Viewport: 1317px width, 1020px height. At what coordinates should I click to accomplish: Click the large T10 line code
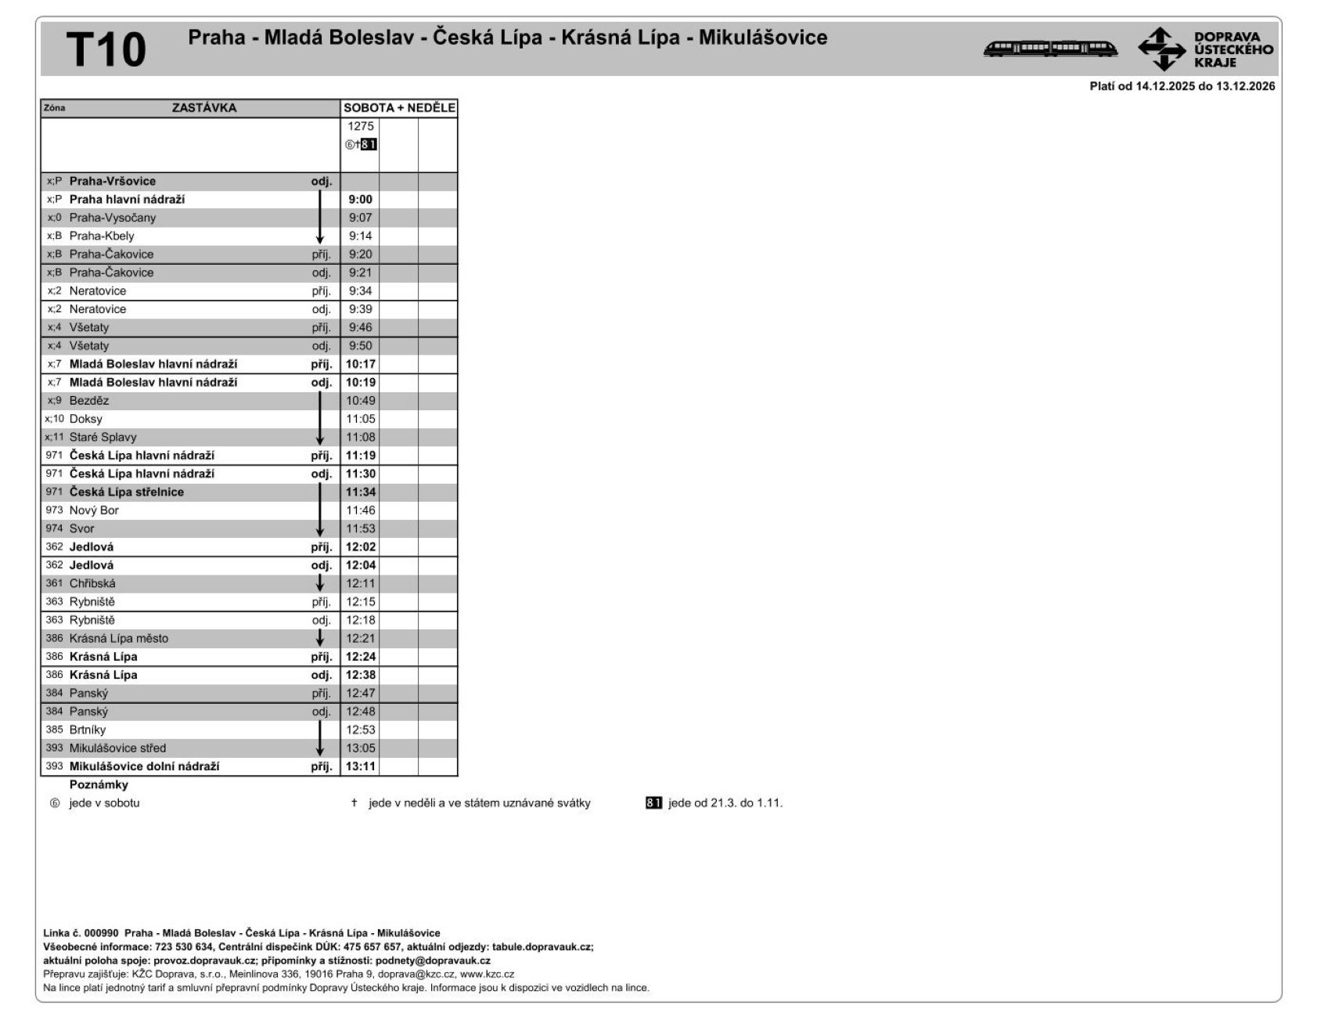pyautogui.click(x=106, y=49)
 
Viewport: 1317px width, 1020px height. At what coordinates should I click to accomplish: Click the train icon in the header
pyautogui.click(x=1050, y=49)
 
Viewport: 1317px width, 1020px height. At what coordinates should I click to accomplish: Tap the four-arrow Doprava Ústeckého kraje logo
pyautogui.click(x=1161, y=49)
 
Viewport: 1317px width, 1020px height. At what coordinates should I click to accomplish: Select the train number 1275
pyautogui.click(x=360, y=126)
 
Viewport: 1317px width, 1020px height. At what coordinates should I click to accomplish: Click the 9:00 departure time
pyautogui.click(x=360, y=200)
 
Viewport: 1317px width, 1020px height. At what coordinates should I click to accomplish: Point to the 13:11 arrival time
pyautogui.click(x=360, y=766)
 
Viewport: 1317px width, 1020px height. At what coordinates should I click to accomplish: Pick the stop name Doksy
pyautogui.click(x=85, y=419)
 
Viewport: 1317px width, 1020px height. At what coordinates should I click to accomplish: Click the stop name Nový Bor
pyautogui.click(x=94, y=510)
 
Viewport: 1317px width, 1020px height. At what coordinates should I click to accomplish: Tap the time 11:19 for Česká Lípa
pyautogui.click(x=360, y=456)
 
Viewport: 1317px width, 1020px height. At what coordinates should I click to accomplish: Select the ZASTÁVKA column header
pyautogui.click(x=203, y=108)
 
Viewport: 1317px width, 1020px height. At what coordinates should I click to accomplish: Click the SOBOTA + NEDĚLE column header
pyautogui.click(x=399, y=108)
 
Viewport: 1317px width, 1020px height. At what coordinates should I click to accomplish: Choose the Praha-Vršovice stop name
pyautogui.click(x=112, y=182)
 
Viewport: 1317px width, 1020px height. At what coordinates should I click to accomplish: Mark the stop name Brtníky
pyautogui.click(x=87, y=730)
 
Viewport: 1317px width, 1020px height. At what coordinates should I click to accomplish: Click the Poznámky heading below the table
pyautogui.click(x=99, y=784)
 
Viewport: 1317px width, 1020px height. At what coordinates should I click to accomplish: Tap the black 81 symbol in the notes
pyautogui.click(x=653, y=803)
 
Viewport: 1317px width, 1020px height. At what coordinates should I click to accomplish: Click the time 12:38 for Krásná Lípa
pyautogui.click(x=360, y=675)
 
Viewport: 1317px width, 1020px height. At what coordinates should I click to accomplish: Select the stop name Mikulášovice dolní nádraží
pyautogui.click(x=144, y=766)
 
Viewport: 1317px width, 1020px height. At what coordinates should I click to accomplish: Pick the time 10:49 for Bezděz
pyautogui.click(x=360, y=401)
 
